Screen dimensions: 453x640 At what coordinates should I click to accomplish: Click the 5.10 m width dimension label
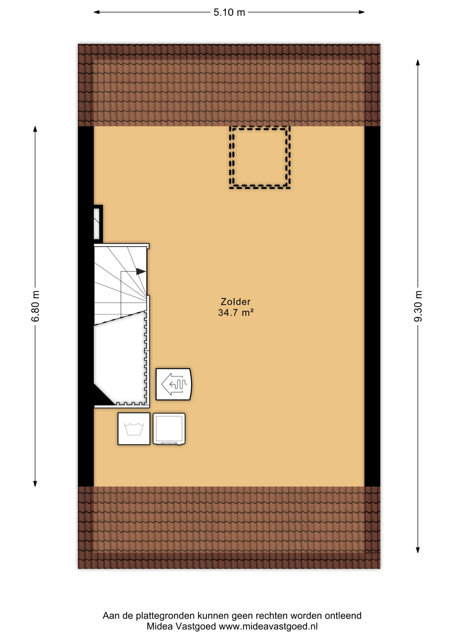pyautogui.click(x=229, y=12)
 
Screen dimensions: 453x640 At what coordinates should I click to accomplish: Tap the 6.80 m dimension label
pyautogui.click(x=35, y=306)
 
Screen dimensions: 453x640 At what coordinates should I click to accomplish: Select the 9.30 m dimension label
pyautogui.click(x=418, y=306)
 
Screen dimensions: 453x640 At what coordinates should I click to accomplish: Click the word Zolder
pyautogui.click(x=236, y=302)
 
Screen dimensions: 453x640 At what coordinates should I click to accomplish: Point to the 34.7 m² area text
pyautogui.click(x=236, y=313)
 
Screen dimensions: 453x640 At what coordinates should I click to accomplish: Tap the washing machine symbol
pyautogui.click(x=134, y=429)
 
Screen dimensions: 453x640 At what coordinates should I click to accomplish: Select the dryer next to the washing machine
pyautogui.click(x=169, y=429)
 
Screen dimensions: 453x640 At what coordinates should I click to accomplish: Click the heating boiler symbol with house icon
pyautogui.click(x=173, y=384)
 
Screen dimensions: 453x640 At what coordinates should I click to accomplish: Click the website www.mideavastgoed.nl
pyautogui.click(x=268, y=626)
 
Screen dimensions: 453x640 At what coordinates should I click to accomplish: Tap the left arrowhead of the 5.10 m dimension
pyautogui.click(x=97, y=12)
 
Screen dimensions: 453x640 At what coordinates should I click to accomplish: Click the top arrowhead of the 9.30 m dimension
pyautogui.click(x=418, y=63)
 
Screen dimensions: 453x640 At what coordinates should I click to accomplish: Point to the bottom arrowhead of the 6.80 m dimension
pyautogui.click(x=35, y=484)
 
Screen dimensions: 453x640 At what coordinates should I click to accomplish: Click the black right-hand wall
pyautogui.click(x=372, y=306)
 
